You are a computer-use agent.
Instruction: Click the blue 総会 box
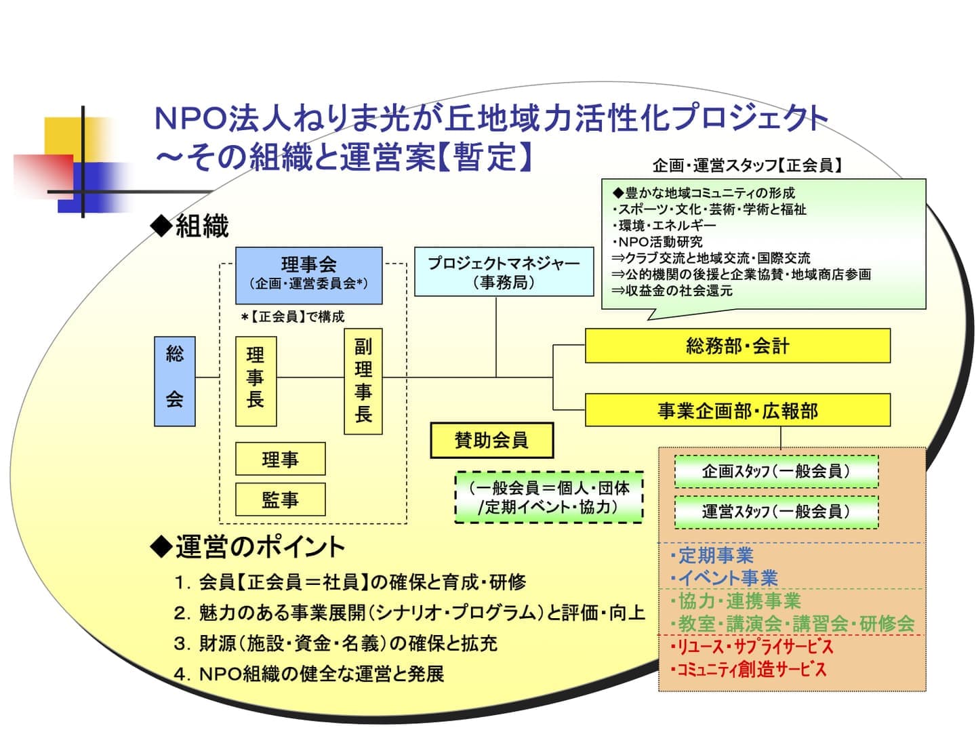[175, 381]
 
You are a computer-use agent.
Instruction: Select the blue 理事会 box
[308, 274]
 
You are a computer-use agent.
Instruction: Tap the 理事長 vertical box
[256, 381]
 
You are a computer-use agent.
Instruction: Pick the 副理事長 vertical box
[363, 381]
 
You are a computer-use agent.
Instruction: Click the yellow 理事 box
[280, 459]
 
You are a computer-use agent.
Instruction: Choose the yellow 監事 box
[280, 500]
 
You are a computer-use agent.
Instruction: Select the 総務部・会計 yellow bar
[737, 346]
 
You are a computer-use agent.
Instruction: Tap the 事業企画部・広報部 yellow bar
[737, 410]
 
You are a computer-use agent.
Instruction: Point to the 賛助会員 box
[491, 441]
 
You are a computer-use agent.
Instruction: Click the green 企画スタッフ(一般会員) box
[776, 471]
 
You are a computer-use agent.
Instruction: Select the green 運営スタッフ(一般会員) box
[776, 512]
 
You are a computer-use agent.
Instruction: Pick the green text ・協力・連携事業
[734, 601]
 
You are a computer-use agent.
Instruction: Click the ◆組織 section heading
[190, 226]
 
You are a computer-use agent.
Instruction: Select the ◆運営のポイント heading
[248, 547]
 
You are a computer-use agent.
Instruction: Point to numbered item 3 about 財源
[335, 643]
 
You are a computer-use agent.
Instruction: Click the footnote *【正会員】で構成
[293, 317]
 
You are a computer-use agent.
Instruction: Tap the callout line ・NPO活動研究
[657, 242]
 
